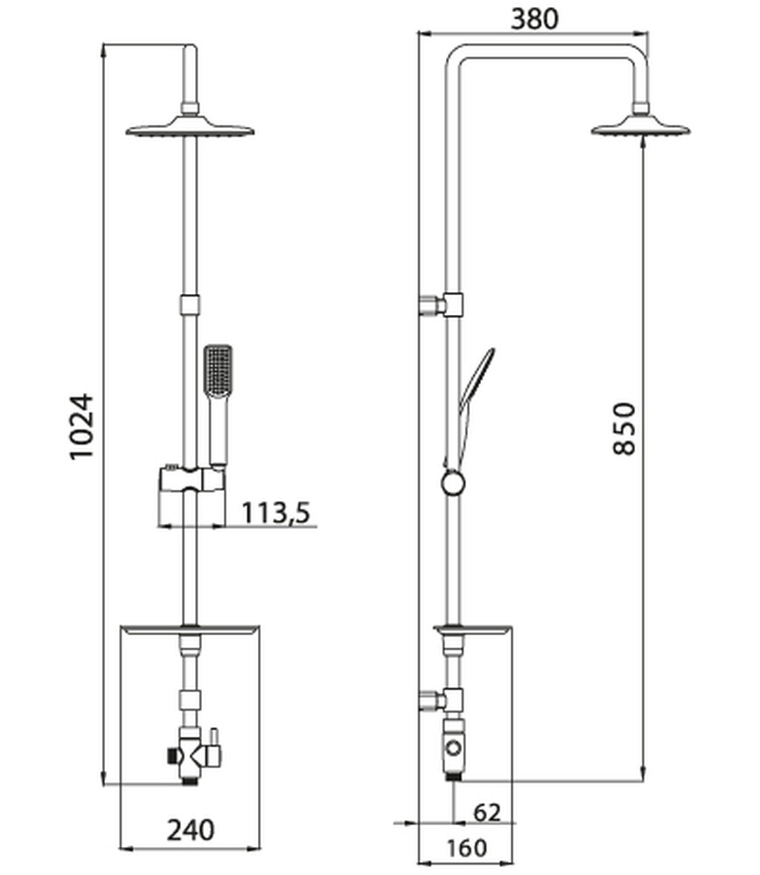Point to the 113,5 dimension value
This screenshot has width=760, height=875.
[275, 512]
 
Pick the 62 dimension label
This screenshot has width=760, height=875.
[486, 812]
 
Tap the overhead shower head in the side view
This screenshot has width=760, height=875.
[641, 129]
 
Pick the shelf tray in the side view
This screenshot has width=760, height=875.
[473, 629]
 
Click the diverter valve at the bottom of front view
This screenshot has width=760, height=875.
[192, 749]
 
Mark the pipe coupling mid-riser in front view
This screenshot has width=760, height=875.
[190, 304]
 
